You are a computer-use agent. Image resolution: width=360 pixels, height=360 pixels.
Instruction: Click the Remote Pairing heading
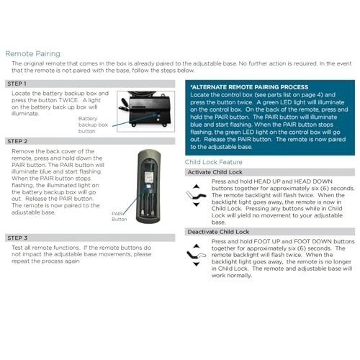click(32, 54)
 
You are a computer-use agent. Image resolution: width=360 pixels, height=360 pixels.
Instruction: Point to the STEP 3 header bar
click(90, 238)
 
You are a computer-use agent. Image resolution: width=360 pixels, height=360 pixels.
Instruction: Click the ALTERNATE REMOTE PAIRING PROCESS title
click(249, 86)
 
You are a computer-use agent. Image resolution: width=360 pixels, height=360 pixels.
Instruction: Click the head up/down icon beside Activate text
click(193, 195)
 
